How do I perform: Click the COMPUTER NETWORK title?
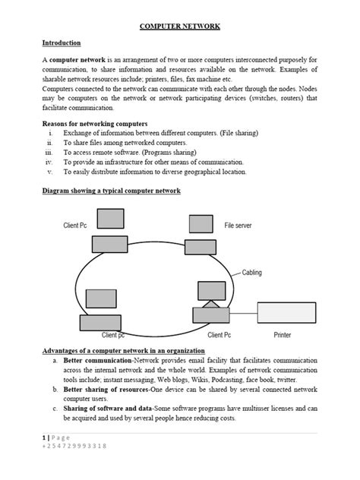coord(179,26)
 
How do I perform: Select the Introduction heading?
coord(62,43)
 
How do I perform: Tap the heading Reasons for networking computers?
coord(95,123)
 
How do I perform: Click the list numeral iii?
coord(49,152)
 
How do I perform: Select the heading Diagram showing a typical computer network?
coord(111,191)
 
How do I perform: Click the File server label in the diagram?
coord(238,226)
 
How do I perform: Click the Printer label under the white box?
coord(282,334)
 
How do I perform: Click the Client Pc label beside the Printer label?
coord(219,334)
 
